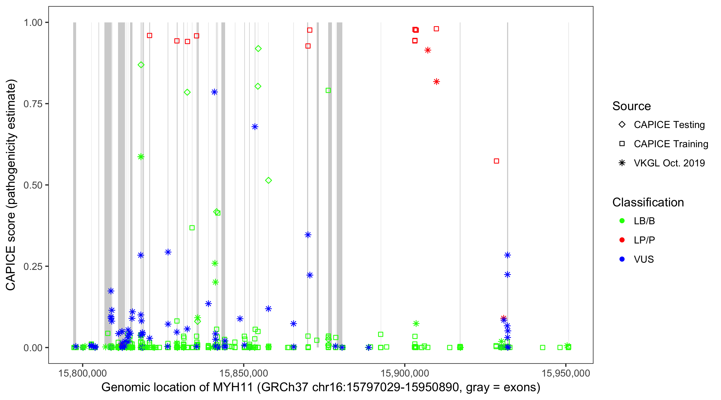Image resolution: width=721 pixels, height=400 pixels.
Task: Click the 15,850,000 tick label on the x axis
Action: (244, 373)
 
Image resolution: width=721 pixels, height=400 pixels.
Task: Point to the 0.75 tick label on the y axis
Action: (33, 104)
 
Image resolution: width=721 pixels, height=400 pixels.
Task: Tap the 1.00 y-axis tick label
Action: (33, 23)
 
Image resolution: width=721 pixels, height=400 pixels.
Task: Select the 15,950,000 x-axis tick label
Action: (566, 373)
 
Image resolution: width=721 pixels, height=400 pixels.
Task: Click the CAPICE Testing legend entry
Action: (669, 125)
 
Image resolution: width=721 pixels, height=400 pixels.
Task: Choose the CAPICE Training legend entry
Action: (671, 144)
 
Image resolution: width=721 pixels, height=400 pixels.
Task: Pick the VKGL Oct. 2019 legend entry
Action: (669, 163)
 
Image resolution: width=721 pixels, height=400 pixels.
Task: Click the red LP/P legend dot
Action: (622, 240)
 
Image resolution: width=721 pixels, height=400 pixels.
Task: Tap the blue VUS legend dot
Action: (622, 259)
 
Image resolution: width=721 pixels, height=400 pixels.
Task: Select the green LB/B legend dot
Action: (622, 221)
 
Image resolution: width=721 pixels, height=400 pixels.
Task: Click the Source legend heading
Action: (632, 106)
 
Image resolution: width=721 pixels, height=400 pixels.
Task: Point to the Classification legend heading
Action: (648, 202)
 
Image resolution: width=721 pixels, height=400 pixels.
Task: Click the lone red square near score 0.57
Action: (496, 161)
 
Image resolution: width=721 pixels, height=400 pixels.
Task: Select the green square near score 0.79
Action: (328, 90)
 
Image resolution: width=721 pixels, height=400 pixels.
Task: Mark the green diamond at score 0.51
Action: (268, 181)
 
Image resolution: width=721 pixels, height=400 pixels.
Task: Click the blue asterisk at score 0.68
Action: (255, 127)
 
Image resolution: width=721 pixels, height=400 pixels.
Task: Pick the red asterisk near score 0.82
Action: (436, 82)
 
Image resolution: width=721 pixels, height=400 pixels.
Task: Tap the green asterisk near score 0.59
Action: (141, 157)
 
